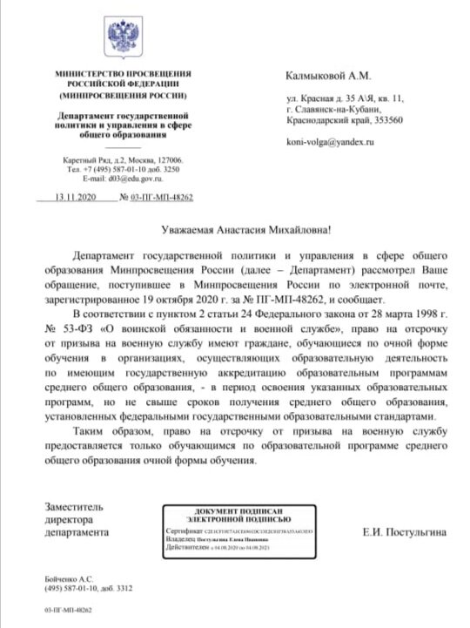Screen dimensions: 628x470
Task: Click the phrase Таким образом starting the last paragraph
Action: tap(108, 433)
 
